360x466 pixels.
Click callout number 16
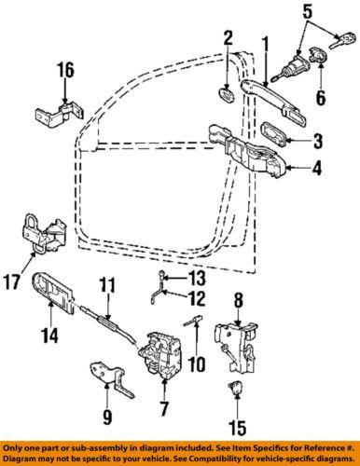[64, 71]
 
